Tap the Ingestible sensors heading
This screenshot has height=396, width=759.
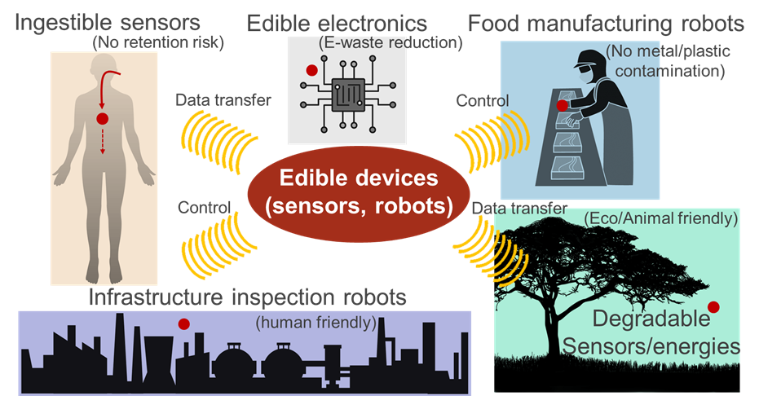point(104,18)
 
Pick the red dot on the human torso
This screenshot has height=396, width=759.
point(102,119)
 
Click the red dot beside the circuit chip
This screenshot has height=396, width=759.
point(311,71)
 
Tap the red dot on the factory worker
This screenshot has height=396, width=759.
point(562,105)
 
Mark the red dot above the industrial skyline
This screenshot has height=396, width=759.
point(184,324)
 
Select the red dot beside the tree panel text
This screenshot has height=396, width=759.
point(713,307)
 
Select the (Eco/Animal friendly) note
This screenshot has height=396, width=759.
point(661,218)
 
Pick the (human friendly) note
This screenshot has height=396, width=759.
point(316,322)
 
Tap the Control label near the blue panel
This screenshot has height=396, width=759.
point(483,101)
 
